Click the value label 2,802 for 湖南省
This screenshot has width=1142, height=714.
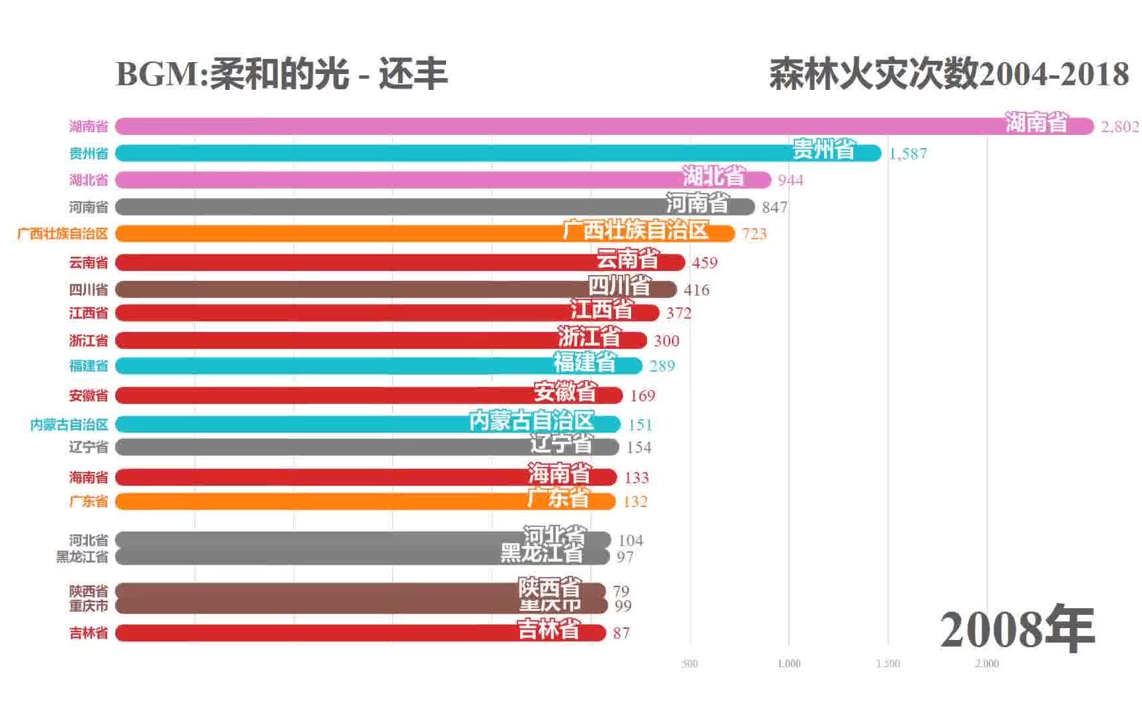click(x=1119, y=126)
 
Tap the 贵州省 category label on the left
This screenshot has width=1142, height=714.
click(x=89, y=153)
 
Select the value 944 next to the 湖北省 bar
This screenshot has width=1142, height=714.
click(x=790, y=180)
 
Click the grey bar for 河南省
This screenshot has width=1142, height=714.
click(x=397, y=207)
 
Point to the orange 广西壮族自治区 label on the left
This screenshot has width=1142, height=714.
click(x=63, y=233)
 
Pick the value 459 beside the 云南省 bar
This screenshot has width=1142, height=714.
click(x=704, y=262)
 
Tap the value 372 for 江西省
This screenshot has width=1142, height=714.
click(x=678, y=313)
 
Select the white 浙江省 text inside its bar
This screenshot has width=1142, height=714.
click(x=589, y=337)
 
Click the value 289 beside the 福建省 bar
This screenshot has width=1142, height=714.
click(x=662, y=366)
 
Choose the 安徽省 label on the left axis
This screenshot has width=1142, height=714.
click(x=89, y=395)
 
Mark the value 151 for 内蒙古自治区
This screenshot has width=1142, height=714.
click(x=640, y=424)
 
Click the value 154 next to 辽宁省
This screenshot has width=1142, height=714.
click(x=638, y=447)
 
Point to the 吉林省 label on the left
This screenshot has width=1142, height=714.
click(x=89, y=633)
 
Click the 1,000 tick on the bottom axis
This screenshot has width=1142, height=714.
click(x=788, y=663)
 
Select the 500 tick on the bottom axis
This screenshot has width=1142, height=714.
click(x=689, y=663)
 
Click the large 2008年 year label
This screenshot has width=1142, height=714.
click(x=1017, y=629)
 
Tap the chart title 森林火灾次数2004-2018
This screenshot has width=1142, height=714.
click(x=948, y=74)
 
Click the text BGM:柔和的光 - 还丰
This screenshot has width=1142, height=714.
click(x=282, y=74)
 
